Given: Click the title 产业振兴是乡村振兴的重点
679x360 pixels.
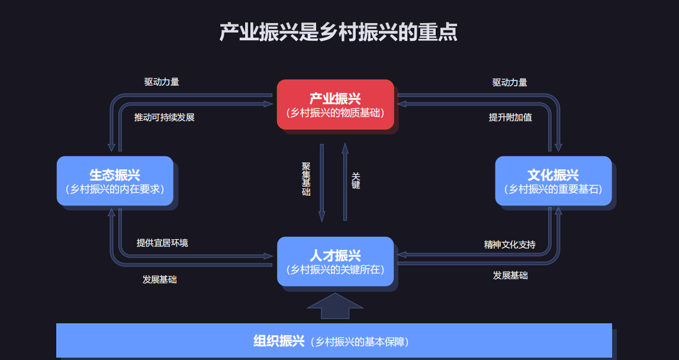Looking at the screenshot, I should click(x=339, y=32).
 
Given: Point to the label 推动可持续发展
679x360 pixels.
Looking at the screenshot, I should click(x=164, y=117).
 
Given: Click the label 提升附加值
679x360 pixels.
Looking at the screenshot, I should click(x=510, y=117).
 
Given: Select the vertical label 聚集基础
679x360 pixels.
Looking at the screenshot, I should click(x=305, y=179).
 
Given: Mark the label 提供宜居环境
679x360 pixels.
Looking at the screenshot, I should click(x=162, y=243).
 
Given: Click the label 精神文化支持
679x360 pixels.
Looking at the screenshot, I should click(x=510, y=244).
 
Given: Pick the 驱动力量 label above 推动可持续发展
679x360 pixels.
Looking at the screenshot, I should click(x=162, y=82).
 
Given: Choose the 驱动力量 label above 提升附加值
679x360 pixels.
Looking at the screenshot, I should click(x=510, y=82).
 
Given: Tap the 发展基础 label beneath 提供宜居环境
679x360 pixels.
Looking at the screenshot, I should click(x=159, y=279).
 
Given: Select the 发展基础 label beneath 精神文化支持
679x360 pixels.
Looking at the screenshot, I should click(x=510, y=275).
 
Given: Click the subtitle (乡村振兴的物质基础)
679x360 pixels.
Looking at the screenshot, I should click(x=335, y=112).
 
